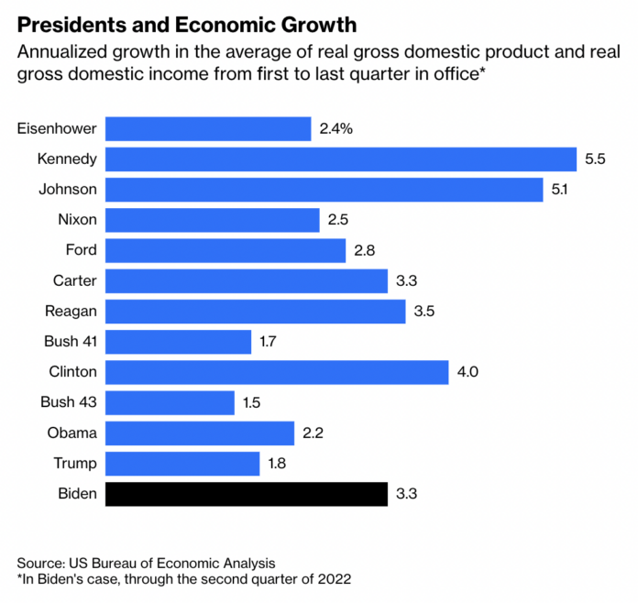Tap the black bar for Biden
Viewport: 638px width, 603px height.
[246, 494]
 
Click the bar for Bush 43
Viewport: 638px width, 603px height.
[170, 402]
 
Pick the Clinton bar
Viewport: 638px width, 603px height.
[277, 372]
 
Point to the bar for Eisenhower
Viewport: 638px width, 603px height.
[208, 128]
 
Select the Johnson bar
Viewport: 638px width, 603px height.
[324, 190]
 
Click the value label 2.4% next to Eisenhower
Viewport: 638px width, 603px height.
[336, 128]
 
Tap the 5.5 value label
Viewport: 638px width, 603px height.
[595, 159]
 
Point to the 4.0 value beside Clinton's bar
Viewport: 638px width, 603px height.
[468, 372]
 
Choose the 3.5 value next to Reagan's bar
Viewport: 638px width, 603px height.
[423, 312]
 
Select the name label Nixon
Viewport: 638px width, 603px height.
[77, 220]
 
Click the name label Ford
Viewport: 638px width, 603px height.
[81, 250]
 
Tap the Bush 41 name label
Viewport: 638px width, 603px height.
[69, 342]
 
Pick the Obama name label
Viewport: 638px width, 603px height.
[74, 433]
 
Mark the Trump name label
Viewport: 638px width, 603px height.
[76, 463]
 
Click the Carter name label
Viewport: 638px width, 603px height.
[75, 280]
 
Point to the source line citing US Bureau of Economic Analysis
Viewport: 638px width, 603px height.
[146, 562]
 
